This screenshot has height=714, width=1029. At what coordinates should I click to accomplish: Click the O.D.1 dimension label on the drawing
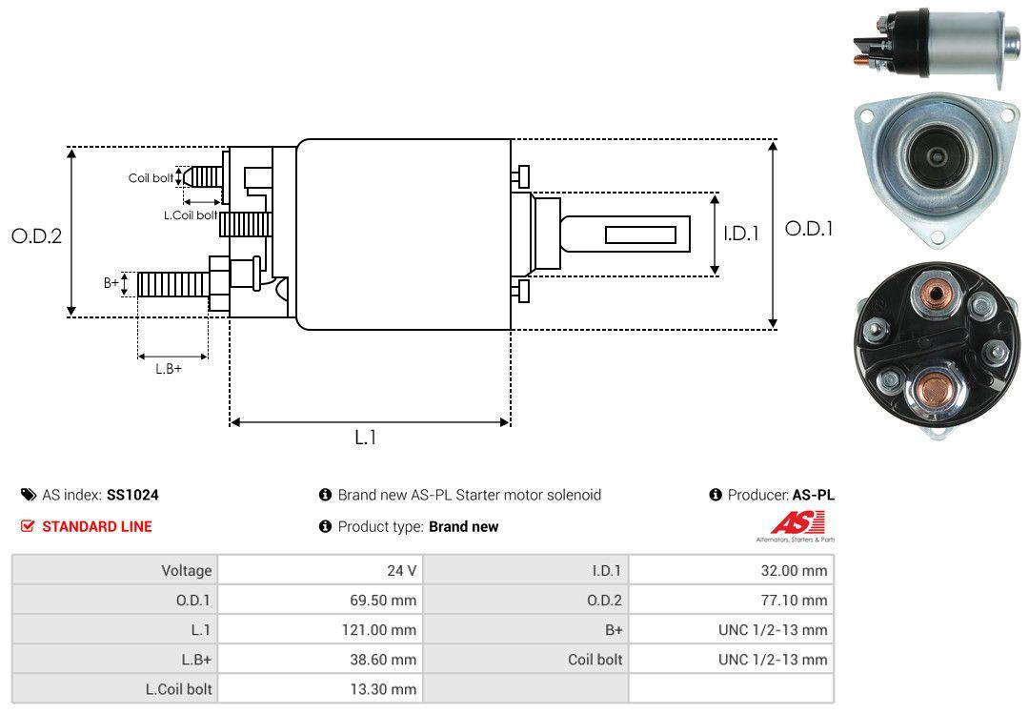808,229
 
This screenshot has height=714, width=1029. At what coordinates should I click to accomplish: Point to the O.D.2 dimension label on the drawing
36,235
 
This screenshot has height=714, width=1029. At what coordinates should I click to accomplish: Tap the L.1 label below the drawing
366,438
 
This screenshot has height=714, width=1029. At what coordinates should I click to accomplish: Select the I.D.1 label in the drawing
740,232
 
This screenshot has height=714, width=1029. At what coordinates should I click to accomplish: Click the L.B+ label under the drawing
169,368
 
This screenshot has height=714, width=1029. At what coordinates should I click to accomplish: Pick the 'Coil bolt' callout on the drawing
151,178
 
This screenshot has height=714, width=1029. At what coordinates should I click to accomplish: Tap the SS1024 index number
132,495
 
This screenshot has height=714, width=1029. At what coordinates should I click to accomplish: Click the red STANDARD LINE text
96,526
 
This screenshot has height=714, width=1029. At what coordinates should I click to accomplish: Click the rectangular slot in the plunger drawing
641,235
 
